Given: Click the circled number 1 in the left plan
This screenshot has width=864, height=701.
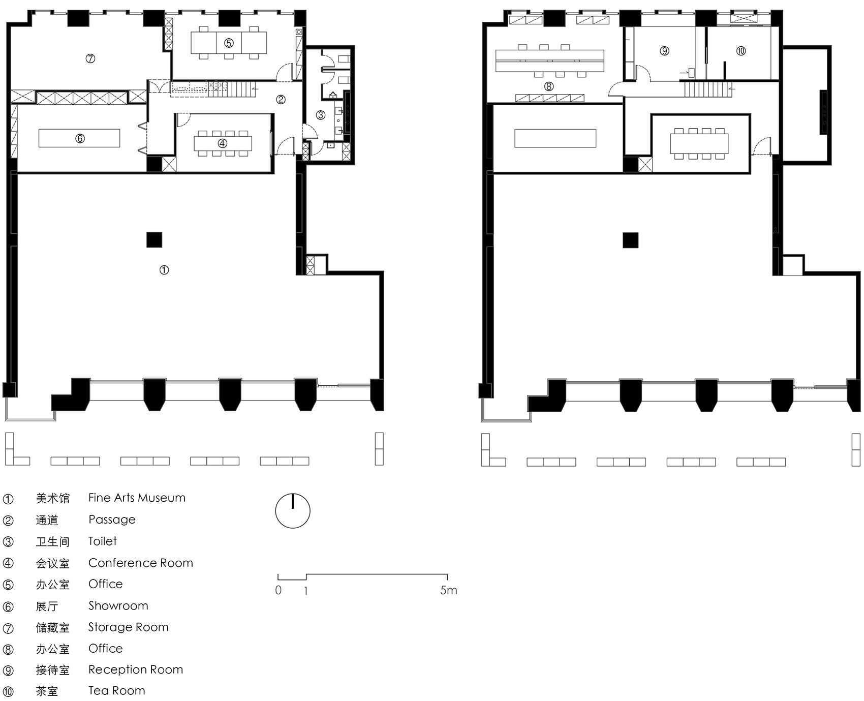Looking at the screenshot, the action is tap(164, 270).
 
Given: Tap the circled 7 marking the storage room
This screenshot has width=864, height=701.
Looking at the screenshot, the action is tap(90, 58).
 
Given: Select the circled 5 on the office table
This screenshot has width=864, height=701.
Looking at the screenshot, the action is tap(229, 43).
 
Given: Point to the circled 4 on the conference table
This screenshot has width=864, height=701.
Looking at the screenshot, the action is tap(222, 143).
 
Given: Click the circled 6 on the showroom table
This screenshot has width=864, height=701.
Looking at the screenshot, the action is tap(80, 138).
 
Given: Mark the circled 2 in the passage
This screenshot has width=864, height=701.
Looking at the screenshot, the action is tap(281, 100).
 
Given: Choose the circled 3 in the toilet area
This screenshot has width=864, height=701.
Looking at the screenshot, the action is tap(321, 115).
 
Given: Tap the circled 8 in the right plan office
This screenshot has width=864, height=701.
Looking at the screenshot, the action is tap(549, 86).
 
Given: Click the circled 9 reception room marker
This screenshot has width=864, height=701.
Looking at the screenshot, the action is tap(665, 51).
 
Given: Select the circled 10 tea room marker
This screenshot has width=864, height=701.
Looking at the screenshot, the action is tap(741, 51).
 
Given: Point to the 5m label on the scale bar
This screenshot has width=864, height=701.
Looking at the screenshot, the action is tap(449, 590).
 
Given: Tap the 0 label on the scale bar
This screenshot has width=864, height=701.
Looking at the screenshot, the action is tap(279, 590).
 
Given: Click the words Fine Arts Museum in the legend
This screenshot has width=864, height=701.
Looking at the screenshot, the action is tap(137, 498).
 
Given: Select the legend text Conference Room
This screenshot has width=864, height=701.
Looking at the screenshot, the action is tap(141, 563).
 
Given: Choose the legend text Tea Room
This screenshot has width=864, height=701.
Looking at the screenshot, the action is tap(117, 690).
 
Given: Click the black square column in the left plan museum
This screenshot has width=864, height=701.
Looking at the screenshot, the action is tap(155, 239).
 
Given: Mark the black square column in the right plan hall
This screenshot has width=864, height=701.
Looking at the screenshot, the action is tap(631, 240).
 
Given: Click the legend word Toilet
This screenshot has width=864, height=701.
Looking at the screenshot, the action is tap(103, 541).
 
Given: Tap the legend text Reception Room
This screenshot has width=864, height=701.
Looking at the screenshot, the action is tap(136, 669).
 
